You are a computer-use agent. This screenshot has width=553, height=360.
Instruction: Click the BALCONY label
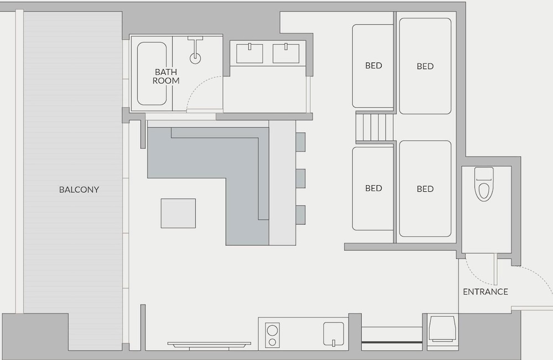tap(79, 190)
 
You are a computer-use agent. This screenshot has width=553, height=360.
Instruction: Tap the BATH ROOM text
tap(166, 76)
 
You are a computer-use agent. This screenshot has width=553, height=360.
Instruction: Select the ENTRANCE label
tap(486, 292)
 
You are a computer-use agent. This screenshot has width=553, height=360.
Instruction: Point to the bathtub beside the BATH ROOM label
tap(152, 74)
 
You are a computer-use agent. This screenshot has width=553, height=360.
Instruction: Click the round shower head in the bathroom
tap(195, 58)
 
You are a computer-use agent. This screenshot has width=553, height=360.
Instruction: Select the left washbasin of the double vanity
tap(249, 53)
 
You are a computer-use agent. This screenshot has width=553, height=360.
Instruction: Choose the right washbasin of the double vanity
tap(286, 53)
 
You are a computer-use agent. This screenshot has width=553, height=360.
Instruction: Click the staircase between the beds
tap(374, 127)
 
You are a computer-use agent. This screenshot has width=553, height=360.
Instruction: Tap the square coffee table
tap(178, 213)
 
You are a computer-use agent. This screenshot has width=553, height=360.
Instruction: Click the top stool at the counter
tap(300, 142)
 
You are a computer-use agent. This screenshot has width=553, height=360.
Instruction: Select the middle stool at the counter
tap(300, 179)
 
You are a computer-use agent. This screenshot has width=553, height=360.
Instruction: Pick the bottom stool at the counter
tap(300, 215)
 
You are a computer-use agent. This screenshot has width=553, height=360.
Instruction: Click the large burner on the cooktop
tap(272, 330)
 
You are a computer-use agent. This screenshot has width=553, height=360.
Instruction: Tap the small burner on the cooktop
tap(272, 342)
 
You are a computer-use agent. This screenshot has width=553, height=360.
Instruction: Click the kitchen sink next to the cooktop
tap(333, 334)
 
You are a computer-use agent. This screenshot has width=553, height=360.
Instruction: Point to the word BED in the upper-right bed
tap(425, 66)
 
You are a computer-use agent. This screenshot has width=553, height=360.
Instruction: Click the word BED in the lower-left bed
tap(373, 188)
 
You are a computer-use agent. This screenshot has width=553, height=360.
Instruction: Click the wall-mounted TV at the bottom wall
tap(209, 345)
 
